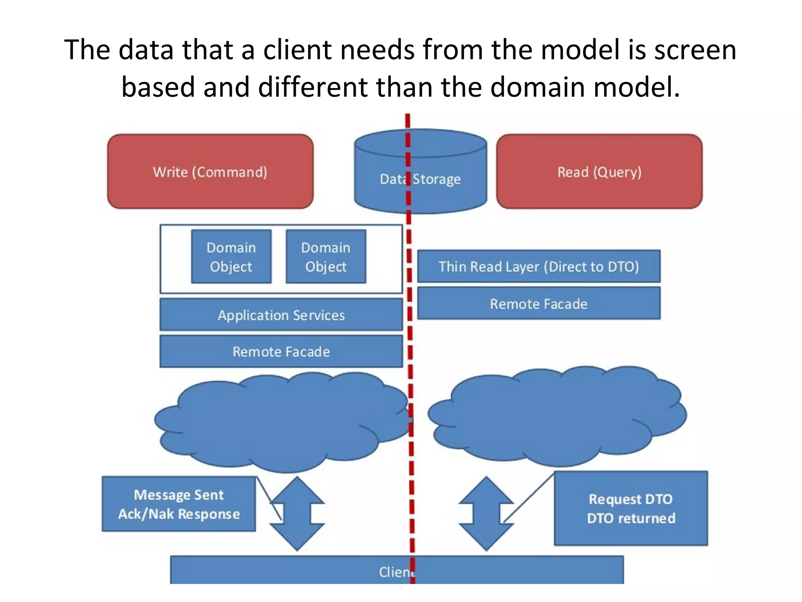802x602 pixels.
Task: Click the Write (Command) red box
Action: point(210,171)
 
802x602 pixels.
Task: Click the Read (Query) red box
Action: point(599,171)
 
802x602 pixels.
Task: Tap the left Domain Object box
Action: point(231,257)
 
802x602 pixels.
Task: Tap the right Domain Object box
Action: point(326,257)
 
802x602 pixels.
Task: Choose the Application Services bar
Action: point(281,315)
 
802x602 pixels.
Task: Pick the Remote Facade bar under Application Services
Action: point(281,351)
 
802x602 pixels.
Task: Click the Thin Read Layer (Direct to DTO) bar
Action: point(538,266)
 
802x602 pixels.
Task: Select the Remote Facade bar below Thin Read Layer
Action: point(538,303)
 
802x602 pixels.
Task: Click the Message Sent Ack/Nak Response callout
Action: point(179,504)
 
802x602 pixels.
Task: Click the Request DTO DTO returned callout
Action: point(630,508)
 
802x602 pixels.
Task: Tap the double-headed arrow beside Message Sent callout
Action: point(297,513)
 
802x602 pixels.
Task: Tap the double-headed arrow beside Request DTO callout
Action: point(486,513)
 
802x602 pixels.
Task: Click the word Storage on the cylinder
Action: point(437,179)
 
